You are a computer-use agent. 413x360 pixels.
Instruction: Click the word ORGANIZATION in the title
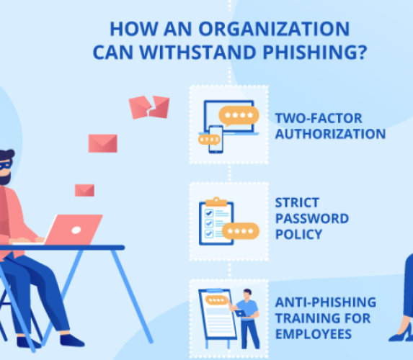coord(274,29)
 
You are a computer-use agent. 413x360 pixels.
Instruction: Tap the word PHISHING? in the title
coord(315,52)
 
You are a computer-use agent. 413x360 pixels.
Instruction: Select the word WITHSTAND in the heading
coord(197,52)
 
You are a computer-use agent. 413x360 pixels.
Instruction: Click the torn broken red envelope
coord(149,107)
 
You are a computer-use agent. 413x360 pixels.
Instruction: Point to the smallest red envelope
coord(84,190)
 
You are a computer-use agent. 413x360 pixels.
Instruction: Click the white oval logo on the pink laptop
coord(76,230)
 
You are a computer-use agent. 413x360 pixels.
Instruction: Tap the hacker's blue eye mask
coord(5,166)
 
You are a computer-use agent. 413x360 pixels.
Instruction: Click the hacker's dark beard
coord(5,179)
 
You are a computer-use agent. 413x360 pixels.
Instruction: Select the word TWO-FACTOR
coord(319,118)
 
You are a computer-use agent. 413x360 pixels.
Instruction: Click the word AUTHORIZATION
coord(330,134)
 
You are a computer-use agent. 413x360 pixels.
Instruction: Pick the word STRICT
coord(297,202)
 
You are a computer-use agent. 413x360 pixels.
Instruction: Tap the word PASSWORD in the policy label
coord(312,218)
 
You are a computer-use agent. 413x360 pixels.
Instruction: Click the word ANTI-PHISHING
coord(326,302)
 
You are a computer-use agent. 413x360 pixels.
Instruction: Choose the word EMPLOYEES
coord(314,334)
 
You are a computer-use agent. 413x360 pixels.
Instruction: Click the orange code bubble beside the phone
coord(209,140)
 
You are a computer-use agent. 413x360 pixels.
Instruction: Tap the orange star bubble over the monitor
coord(239,115)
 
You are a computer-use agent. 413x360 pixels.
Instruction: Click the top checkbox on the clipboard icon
coord(209,212)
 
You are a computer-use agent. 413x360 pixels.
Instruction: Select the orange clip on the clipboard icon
coord(216,202)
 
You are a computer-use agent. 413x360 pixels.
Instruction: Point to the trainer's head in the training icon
coord(247,294)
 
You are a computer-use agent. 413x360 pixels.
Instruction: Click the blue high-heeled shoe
coord(401,333)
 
